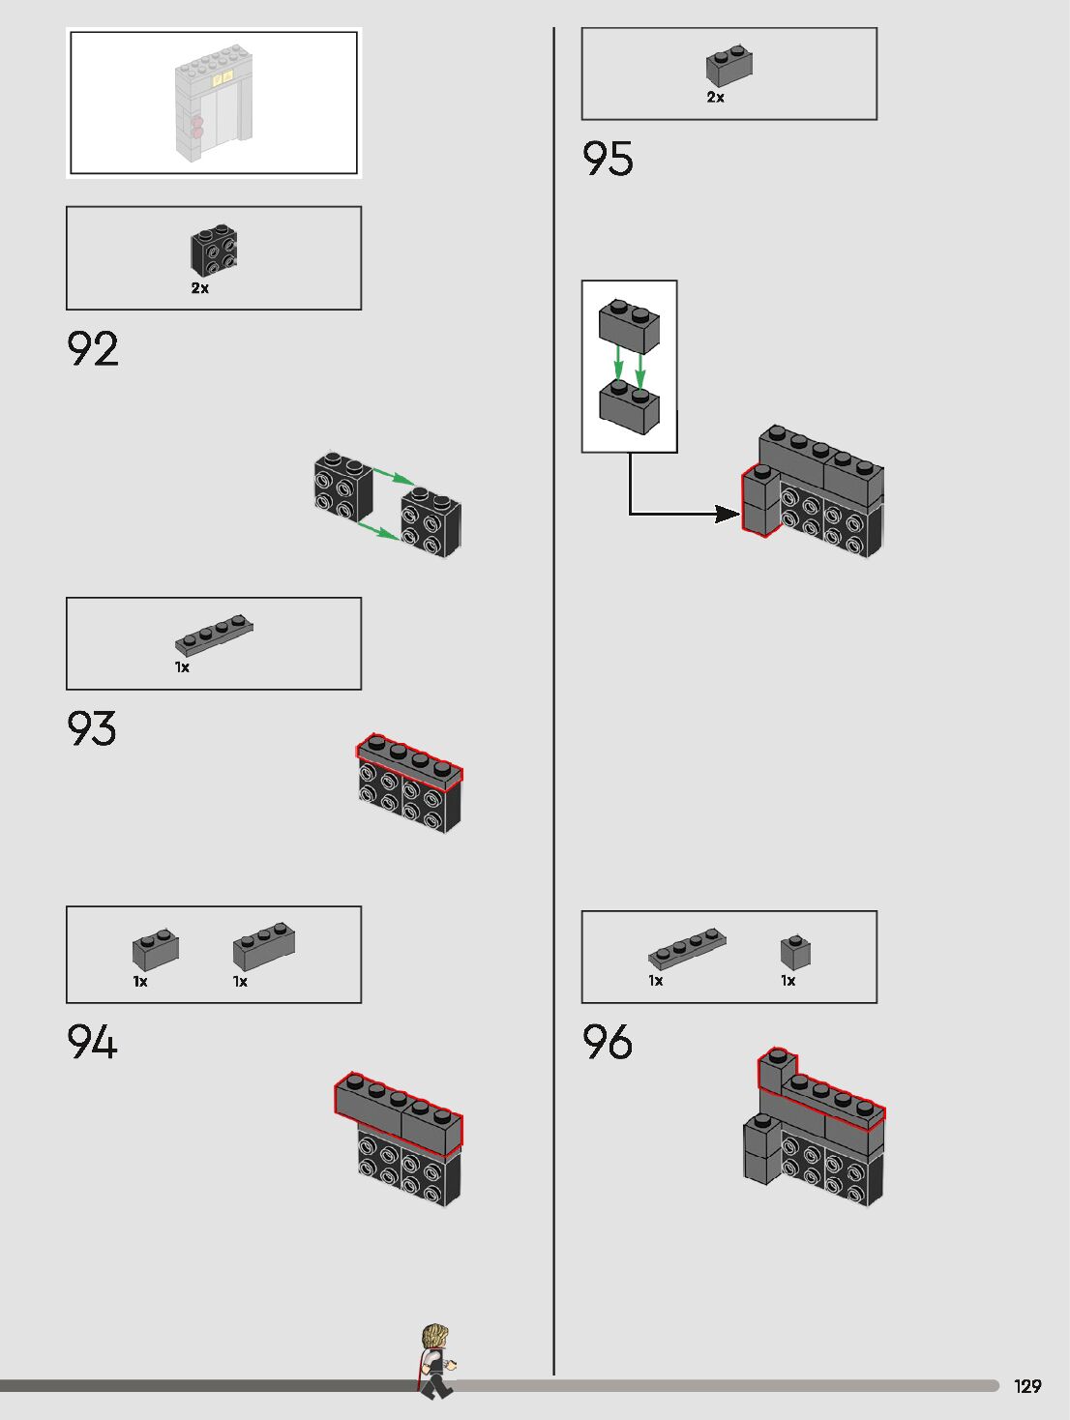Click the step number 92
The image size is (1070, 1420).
click(x=93, y=349)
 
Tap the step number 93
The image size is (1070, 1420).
click(x=92, y=728)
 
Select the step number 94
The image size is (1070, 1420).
click(x=92, y=1043)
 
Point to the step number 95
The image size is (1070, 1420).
click(x=608, y=160)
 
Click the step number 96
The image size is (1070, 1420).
click(x=608, y=1042)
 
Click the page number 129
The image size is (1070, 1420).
click(x=1027, y=1386)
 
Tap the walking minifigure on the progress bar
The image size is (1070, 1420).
click(x=435, y=1360)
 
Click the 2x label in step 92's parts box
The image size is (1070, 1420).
click(x=200, y=288)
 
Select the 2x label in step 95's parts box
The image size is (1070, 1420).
click(x=716, y=97)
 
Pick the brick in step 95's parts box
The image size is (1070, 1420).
click(x=728, y=67)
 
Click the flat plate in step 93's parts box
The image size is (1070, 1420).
click(x=214, y=635)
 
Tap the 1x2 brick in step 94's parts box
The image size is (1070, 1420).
click(x=156, y=951)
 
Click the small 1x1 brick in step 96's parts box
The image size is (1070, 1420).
click(x=795, y=952)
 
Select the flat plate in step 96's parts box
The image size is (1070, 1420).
click(x=687, y=948)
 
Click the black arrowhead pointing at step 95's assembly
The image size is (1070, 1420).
click(x=727, y=514)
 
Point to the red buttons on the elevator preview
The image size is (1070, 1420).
click(x=197, y=128)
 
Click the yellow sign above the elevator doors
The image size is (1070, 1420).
click(x=223, y=76)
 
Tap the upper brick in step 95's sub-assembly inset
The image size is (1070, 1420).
click(x=629, y=326)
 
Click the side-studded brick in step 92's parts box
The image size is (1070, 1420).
click(x=214, y=251)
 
